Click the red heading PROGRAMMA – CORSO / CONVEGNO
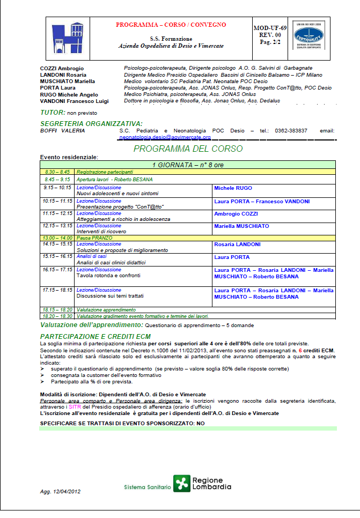(171, 25)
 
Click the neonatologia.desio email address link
(165, 137)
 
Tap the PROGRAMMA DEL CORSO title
(188, 149)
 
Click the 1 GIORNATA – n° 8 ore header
(187, 165)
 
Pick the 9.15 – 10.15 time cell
(57, 188)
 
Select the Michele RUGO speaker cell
(233, 188)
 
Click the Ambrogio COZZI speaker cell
(236, 213)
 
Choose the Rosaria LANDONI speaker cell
(237, 245)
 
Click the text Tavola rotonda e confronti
(108, 276)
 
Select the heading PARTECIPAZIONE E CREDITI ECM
(95, 336)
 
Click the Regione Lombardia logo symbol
(182, 484)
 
